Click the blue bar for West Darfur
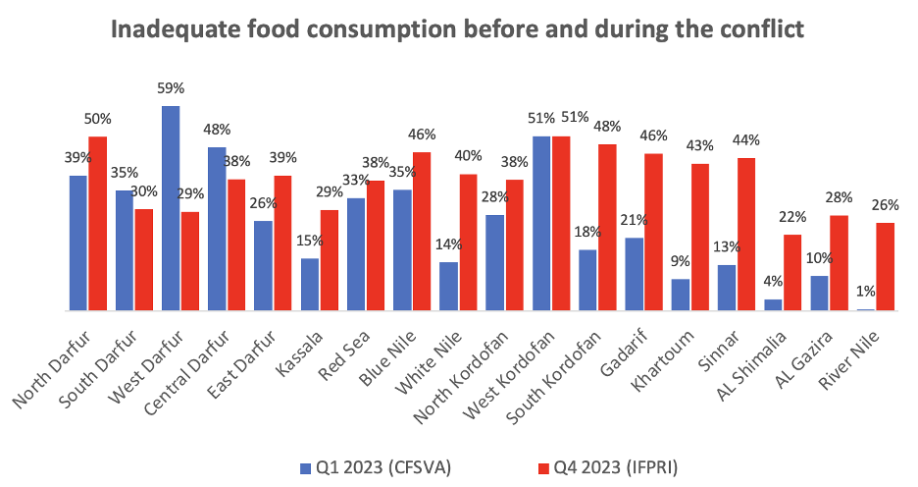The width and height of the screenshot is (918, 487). click(x=171, y=208)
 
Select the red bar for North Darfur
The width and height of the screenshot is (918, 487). click(x=97, y=224)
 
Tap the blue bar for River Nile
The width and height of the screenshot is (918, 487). click(x=865, y=309)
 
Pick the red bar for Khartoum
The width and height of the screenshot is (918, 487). click(x=700, y=238)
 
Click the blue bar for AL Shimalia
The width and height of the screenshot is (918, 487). click(x=773, y=304)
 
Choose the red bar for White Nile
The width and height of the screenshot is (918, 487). click(x=468, y=243)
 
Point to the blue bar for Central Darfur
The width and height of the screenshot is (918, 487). click(x=217, y=229)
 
